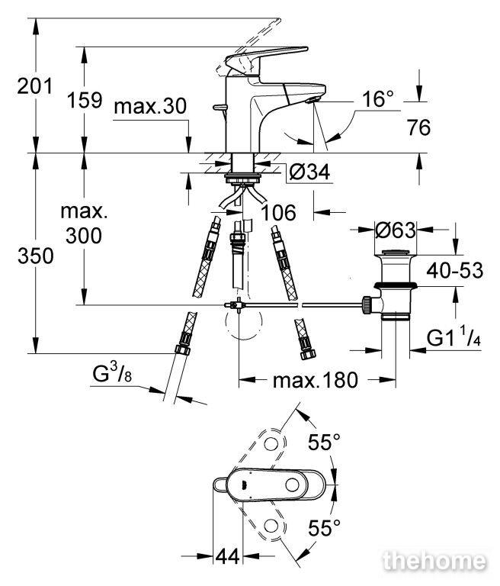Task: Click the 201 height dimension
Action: pyautogui.click(x=35, y=87)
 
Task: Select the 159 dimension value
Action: pyautogui.click(x=85, y=100)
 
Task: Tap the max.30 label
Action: pyautogui.click(x=150, y=106)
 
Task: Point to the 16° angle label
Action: pyautogui.click(x=378, y=99)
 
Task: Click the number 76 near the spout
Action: pyautogui.click(x=418, y=127)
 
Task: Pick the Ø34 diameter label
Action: pyautogui.click(x=310, y=172)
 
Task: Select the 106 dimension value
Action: pyautogui.click(x=278, y=213)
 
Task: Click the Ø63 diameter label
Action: pyautogui.click(x=396, y=230)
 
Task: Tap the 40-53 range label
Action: pyautogui.click(x=454, y=270)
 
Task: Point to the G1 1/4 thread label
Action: pyautogui.click(x=454, y=338)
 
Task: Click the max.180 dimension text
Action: pyautogui.click(x=316, y=380)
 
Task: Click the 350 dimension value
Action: pyautogui.click(x=36, y=256)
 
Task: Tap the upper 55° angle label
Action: pyautogui.click(x=324, y=442)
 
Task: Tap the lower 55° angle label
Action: pyautogui.click(x=324, y=528)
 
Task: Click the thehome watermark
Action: pyautogui.click(x=435, y=561)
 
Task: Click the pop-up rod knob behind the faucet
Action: pyautogui.click(x=220, y=108)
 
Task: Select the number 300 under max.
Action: pyautogui.click(x=84, y=236)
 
